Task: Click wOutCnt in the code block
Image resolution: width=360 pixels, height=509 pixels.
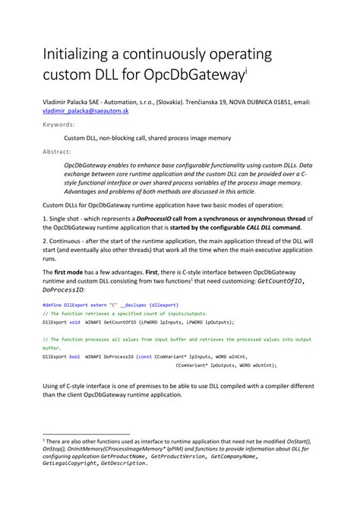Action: point(258,364)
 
